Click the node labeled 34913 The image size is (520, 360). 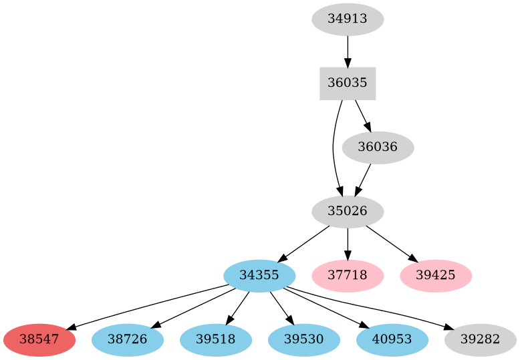point(348,19)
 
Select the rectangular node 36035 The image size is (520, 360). point(348,83)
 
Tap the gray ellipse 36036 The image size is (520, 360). point(378,148)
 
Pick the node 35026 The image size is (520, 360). point(348,212)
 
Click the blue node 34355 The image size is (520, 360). point(259,276)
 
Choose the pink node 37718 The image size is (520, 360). point(348,276)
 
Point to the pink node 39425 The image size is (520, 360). point(436,276)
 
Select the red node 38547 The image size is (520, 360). point(39,340)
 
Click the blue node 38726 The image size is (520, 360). point(128,340)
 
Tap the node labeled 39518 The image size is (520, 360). point(216,340)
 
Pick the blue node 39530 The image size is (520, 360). point(304,340)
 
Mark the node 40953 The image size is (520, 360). point(392,340)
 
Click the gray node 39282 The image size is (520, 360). point(481,340)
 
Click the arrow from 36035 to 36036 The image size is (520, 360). point(362,115)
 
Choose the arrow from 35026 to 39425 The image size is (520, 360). point(392,244)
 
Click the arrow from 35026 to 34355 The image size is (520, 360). point(303,244)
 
